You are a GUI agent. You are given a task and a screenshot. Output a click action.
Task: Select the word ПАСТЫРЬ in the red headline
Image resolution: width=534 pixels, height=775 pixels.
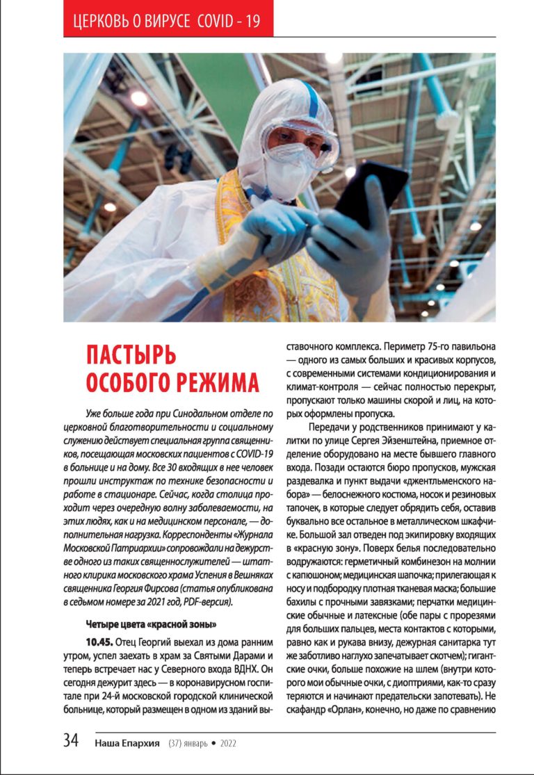tap(131, 354)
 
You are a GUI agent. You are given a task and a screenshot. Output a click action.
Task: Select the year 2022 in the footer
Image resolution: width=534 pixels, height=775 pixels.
tap(229, 743)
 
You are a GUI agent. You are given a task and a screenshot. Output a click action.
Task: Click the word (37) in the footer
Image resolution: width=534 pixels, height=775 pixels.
tap(177, 743)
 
